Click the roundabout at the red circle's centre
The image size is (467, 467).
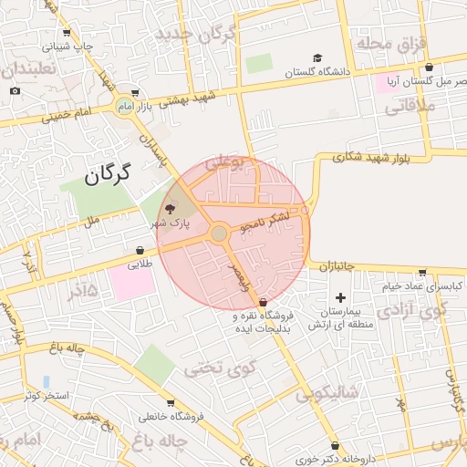tap(219, 234)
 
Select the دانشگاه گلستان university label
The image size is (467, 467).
tap(317, 72)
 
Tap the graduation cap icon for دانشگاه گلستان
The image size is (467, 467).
tap(317, 58)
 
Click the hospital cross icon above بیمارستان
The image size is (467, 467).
tap(341, 297)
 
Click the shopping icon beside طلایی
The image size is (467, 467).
tap(140, 250)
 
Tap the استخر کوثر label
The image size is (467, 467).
tap(46, 396)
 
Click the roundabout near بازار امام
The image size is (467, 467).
tap(123, 108)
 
